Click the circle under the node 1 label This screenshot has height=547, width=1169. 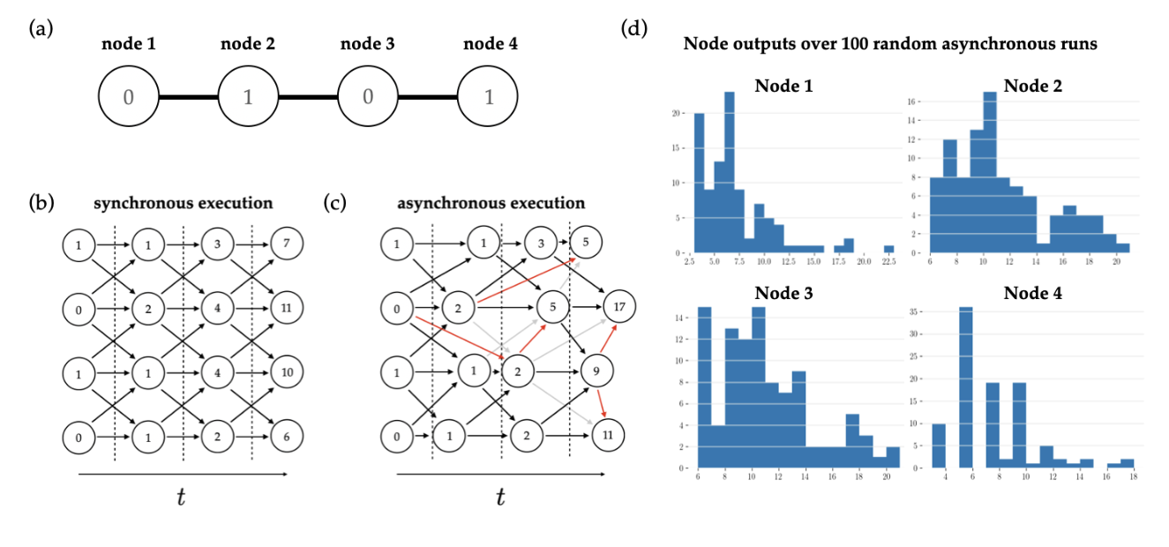pyautogui.click(x=128, y=96)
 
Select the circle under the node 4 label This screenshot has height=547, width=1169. pyautogui.click(x=488, y=96)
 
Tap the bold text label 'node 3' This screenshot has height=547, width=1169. pyautogui.click(x=368, y=45)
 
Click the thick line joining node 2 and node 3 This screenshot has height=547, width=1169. pyautogui.click(x=308, y=96)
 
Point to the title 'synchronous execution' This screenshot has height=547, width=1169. pyautogui.click(x=184, y=203)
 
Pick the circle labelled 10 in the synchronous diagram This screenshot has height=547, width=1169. pyautogui.click(x=287, y=371)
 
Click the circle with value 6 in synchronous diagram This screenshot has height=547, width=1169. pyautogui.click(x=287, y=436)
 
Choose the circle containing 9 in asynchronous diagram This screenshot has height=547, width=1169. pyautogui.click(x=596, y=371)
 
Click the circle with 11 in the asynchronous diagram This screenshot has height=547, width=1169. pyautogui.click(x=608, y=435)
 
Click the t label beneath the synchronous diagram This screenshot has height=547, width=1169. pyautogui.click(x=181, y=497)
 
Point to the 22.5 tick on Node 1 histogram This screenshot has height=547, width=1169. pyautogui.click(x=888, y=261)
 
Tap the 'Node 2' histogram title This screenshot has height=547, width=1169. pyautogui.click(x=1031, y=86)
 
